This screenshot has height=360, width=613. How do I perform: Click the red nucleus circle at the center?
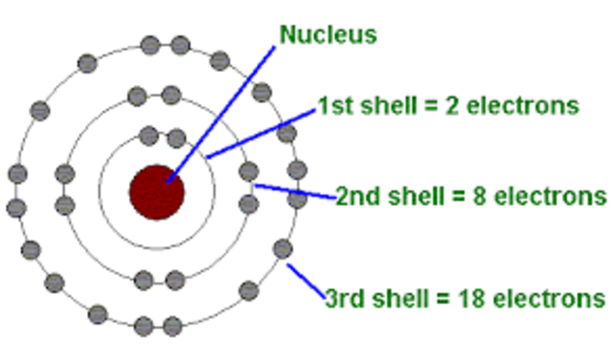tap(156, 191)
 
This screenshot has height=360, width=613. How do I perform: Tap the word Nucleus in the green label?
tap(328, 35)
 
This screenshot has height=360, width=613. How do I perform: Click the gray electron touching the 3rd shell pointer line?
tap(283, 249)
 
